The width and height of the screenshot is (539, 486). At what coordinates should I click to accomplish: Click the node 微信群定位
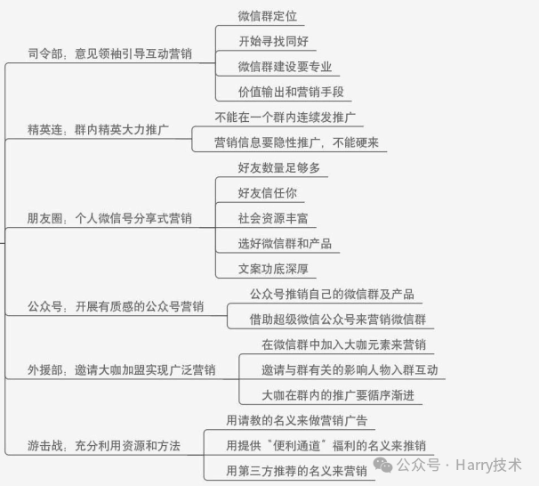coord(267,16)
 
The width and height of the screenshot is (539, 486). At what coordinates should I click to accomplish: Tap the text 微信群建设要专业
coord(285,66)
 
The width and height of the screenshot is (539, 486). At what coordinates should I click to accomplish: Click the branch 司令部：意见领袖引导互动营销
coord(109,53)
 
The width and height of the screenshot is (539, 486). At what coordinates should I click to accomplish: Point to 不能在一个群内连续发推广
coord(286,117)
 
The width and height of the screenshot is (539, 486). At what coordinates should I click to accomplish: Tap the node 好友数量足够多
coord(278,167)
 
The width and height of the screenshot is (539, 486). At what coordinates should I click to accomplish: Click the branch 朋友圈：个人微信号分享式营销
coord(109,217)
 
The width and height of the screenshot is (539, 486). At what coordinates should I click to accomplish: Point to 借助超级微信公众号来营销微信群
coord(338,319)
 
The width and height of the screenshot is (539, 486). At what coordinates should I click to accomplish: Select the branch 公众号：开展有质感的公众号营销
coord(116,307)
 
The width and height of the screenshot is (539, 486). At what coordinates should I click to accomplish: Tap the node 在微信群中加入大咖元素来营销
coord(343,344)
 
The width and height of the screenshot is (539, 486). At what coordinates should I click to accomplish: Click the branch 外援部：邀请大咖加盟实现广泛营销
coord(121,369)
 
